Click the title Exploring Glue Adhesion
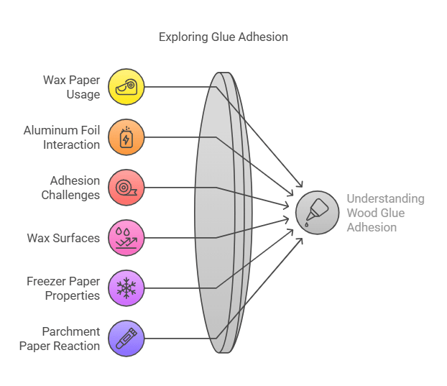coord(223,36)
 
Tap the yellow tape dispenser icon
coord(126,87)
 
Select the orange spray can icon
coord(126,137)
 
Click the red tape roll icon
coord(126,188)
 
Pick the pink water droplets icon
coord(126,238)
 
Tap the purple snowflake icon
coord(126,288)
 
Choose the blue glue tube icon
coord(126,339)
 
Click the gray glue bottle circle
coord(317,213)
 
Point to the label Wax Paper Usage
coord(71,87)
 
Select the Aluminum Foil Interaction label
coord(62,137)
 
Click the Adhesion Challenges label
coord(70,188)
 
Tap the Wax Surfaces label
coord(63,238)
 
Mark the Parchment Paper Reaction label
coord(60,339)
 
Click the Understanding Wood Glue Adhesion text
coord(385,213)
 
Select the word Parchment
coord(70,331)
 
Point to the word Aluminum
coord(51,130)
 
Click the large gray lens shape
coord(216,213)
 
